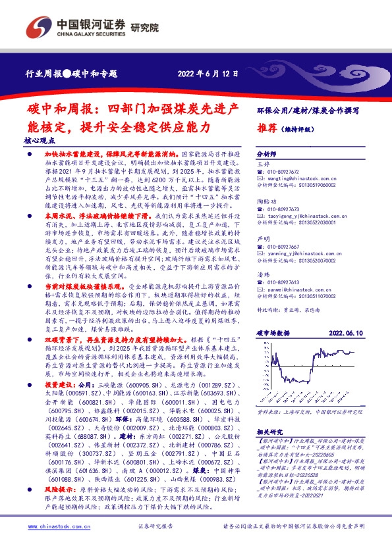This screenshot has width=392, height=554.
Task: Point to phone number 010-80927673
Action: click(x=287, y=209)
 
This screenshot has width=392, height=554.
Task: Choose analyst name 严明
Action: click(x=263, y=239)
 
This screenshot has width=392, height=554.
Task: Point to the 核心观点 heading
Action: click(x=41, y=139)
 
